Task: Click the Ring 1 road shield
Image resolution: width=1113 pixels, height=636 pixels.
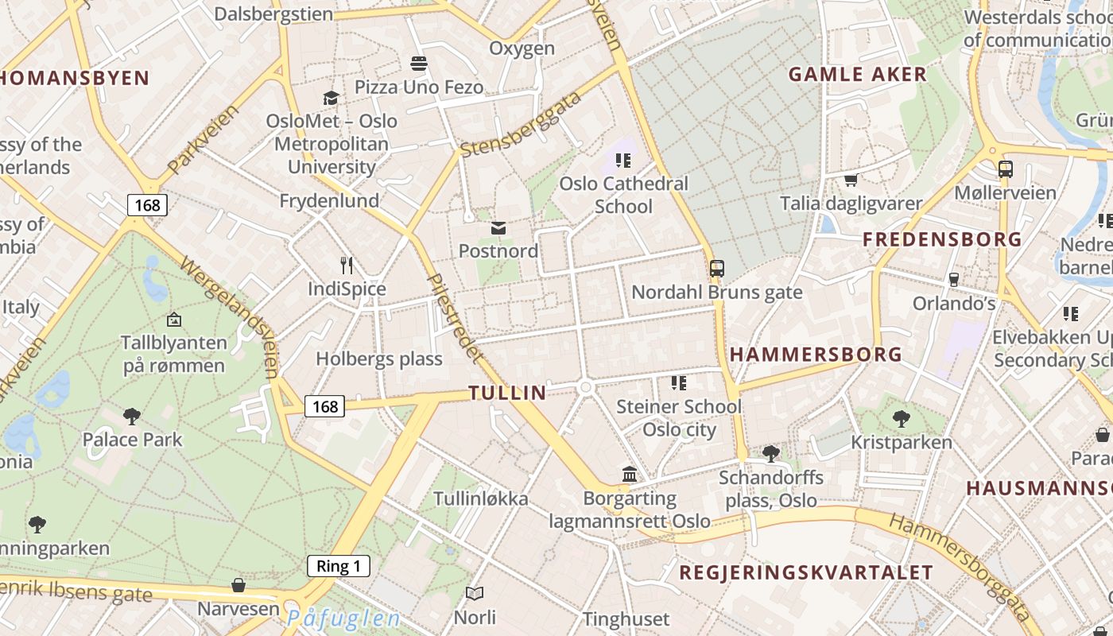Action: (x=339, y=566)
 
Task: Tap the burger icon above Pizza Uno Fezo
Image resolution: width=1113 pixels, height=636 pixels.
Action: (x=419, y=63)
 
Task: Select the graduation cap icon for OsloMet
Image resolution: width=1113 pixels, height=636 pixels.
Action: (x=331, y=98)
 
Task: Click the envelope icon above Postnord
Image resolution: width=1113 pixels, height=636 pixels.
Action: (x=498, y=228)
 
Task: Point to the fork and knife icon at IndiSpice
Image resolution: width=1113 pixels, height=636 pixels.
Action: (x=347, y=266)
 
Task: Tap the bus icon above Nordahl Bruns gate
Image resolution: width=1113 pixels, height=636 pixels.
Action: (x=717, y=269)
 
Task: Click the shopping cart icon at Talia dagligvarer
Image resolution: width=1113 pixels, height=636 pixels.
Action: (x=851, y=180)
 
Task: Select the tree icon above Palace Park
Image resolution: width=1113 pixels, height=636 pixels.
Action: (x=132, y=416)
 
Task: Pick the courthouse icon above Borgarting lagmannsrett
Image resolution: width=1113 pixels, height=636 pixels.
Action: (x=630, y=475)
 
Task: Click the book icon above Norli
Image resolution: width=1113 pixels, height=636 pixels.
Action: (x=475, y=593)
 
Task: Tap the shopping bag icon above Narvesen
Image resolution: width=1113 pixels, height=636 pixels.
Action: (x=238, y=586)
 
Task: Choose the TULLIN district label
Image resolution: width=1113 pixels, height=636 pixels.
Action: (x=507, y=393)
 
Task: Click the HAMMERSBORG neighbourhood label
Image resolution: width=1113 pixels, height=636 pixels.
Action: (x=816, y=355)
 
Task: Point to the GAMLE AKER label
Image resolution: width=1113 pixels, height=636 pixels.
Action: (x=857, y=75)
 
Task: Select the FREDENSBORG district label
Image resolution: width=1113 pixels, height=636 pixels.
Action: (x=942, y=239)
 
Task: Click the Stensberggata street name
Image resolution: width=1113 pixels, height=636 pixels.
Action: (x=521, y=125)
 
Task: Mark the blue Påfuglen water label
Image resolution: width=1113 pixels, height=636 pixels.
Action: (x=343, y=619)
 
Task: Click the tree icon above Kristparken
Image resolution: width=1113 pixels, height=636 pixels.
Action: (x=901, y=418)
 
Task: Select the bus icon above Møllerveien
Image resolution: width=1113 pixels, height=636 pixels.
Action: (x=1006, y=169)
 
